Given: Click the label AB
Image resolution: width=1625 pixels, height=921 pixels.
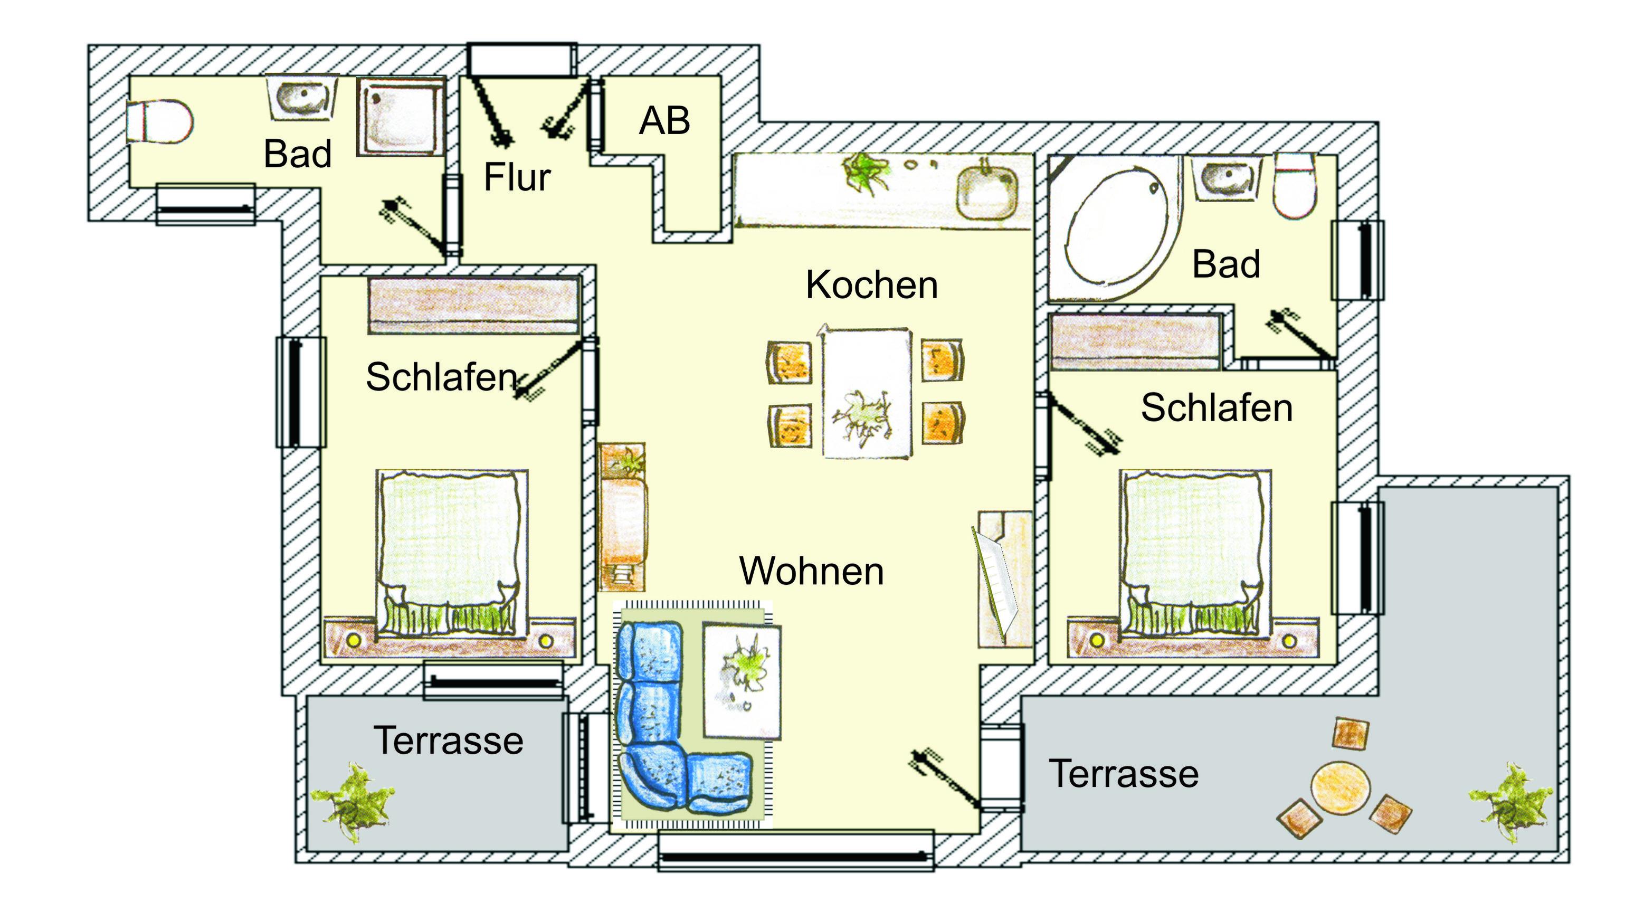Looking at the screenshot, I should coord(664,120).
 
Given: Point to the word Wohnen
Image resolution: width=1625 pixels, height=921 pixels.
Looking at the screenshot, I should coord(812,571).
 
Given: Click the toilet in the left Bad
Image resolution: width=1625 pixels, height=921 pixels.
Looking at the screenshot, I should coord(159,121).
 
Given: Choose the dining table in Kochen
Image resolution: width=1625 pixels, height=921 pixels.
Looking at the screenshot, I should coord(867,392).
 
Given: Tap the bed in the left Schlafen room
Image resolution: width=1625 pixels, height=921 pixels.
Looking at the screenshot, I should coord(452,554).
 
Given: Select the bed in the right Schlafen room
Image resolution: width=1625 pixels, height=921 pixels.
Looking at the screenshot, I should coord(1195,554).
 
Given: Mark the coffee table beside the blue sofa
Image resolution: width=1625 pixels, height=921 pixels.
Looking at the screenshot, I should coord(742,681).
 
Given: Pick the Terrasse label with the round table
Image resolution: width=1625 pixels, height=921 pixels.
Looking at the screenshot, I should coord(1124,774).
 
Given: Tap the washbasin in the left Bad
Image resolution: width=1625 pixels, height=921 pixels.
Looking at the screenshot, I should coord(302,99).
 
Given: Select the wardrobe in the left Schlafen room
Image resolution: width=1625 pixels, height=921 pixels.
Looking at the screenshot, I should coord(474,306).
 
